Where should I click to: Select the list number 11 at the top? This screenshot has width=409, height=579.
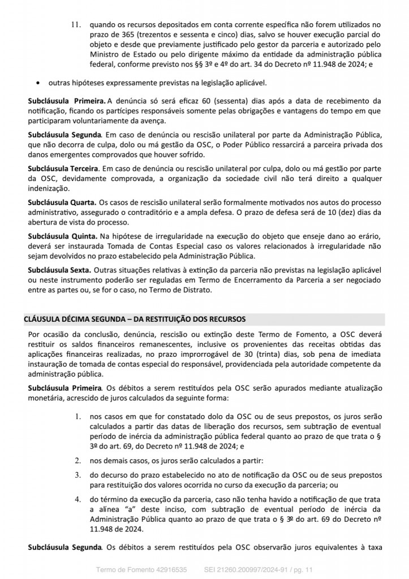pos(75,25)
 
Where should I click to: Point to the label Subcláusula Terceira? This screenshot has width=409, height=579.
pos(64,168)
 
